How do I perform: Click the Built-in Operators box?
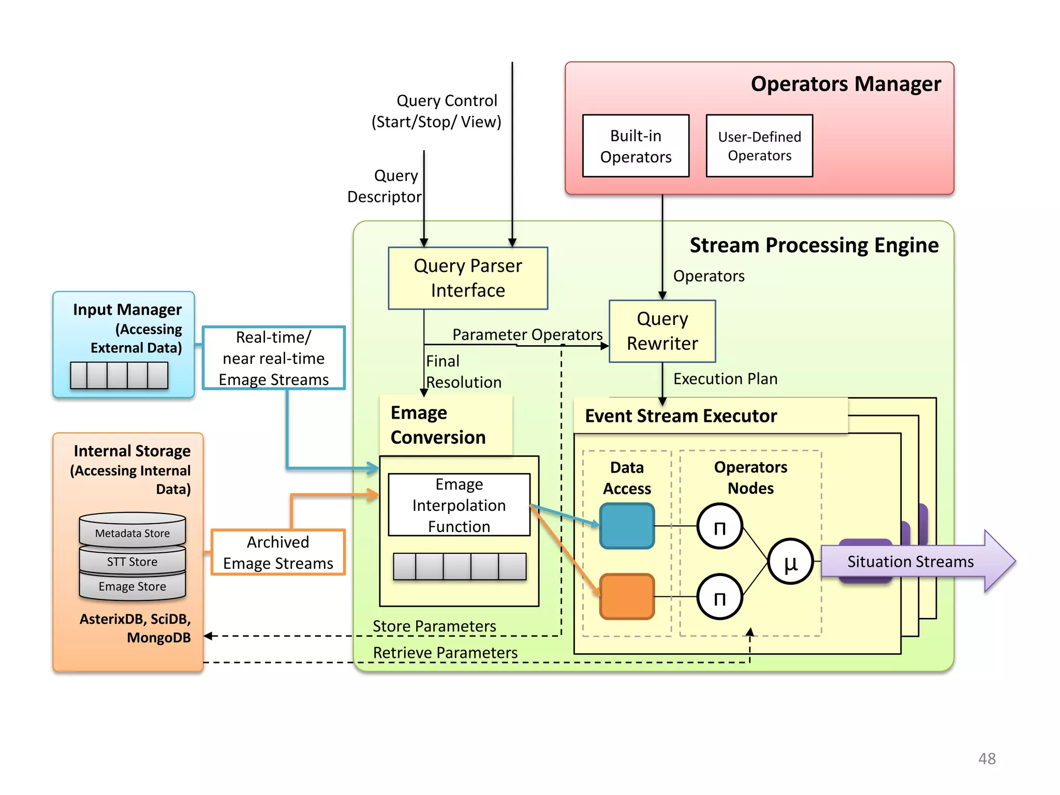pyautogui.click(x=636, y=146)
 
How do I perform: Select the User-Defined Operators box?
pyautogui.click(x=759, y=146)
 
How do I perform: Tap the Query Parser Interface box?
pyautogui.click(x=467, y=278)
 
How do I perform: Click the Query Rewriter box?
pyautogui.click(x=662, y=331)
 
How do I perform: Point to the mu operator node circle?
pyautogui.click(x=790, y=562)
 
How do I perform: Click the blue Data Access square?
pyautogui.click(x=627, y=526)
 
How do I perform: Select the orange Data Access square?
pyautogui.click(x=627, y=596)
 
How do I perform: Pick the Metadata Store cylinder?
pyautogui.click(x=132, y=531)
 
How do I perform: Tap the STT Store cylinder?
pyautogui.click(x=132, y=561)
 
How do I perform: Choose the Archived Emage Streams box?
pyautogui.click(x=278, y=552)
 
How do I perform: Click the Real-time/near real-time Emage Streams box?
pyautogui.click(x=273, y=358)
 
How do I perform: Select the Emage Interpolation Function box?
pyautogui.click(x=459, y=505)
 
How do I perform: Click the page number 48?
pyautogui.click(x=987, y=759)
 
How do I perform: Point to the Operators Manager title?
pyautogui.click(x=845, y=84)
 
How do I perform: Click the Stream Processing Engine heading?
pyautogui.click(x=814, y=245)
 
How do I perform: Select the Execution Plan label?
pyautogui.click(x=725, y=379)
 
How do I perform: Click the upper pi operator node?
pyautogui.click(x=719, y=526)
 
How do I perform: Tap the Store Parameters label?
pyautogui.click(x=434, y=626)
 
